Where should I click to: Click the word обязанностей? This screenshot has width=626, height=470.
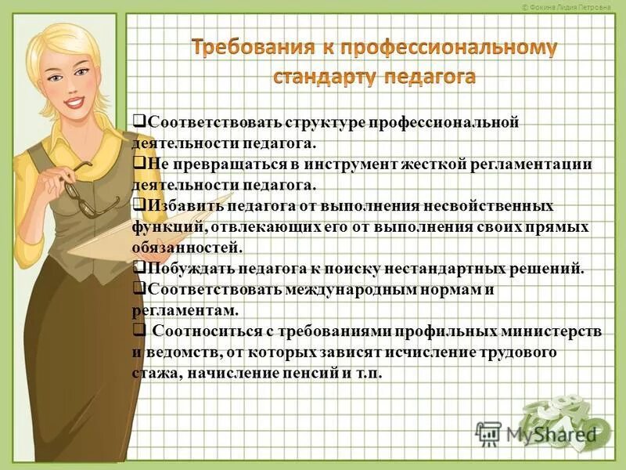click(x=188, y=248)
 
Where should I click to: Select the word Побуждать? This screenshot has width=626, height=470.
click(x=185, y=268)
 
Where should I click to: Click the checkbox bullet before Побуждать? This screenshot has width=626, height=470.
click(x=139, y=267)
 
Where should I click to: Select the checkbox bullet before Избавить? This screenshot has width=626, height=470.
click(x=139, y=205)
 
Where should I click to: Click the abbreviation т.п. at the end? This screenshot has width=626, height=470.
click(x=367, y=374)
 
